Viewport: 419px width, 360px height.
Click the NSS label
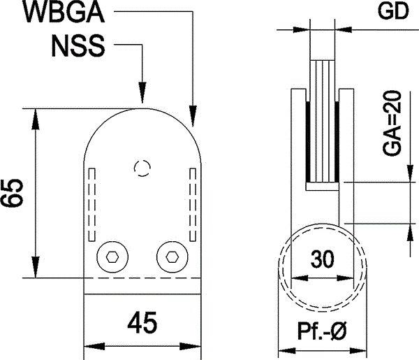pos(78,46)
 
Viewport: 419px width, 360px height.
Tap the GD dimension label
pos(392,12)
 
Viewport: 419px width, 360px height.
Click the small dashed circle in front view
pos(142,168)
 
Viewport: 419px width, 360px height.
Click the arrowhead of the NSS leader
pos(142,98)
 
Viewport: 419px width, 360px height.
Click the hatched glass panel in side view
pos(322,119)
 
